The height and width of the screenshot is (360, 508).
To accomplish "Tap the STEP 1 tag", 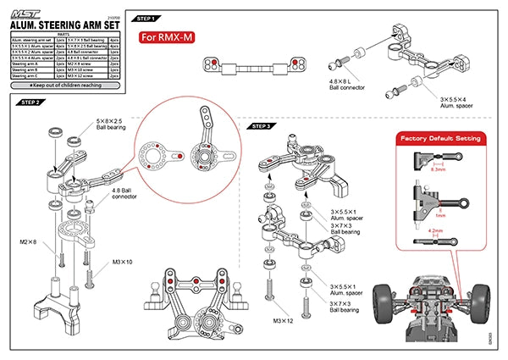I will [146, 18].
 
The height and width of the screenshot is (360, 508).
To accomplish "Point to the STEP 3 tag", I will [262, 125].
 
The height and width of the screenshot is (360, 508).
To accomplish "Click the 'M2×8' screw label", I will [27, 243].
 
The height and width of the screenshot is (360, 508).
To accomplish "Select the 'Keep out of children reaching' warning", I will [65, 86].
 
